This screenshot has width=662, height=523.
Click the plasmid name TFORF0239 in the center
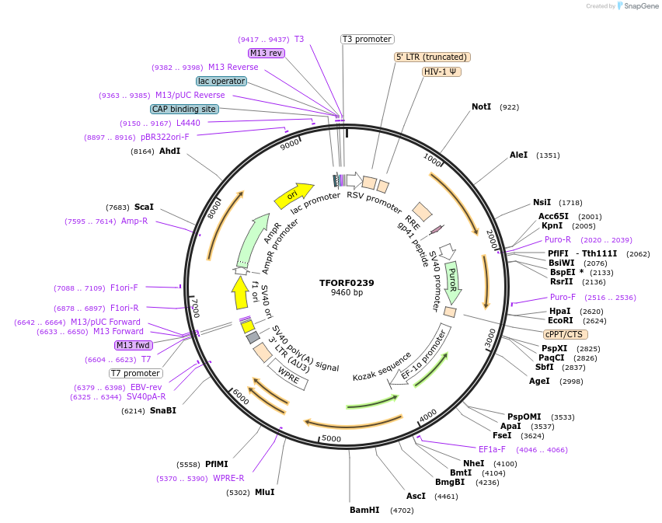coord(347,283)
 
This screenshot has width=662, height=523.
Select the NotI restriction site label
coord(481,106)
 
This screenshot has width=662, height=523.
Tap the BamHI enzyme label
coord(364,510)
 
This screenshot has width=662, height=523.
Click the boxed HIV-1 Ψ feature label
coord(442,71)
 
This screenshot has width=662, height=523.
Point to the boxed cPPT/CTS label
coord(565,334)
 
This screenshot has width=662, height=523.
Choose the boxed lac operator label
coord(221,81)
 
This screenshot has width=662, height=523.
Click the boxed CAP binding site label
coord(184,110)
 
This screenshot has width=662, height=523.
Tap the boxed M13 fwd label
coord(134,345)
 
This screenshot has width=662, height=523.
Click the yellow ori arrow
coord(294,195)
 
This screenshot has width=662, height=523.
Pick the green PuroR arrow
coord(452,281)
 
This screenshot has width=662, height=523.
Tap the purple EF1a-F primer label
coord(492,449)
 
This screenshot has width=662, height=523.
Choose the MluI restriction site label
coord(264,492)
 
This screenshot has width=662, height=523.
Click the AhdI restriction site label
coord(169,151)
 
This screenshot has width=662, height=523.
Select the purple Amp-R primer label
coord(134,221)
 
